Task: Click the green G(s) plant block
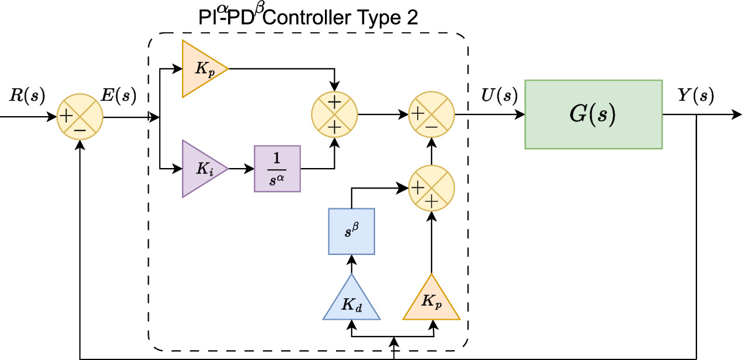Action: click(x=593, y=114)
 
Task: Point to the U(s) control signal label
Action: click(x=499, y=95)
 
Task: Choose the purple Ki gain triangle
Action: click(x=201, y=169)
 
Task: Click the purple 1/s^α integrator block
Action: click(x=277, y=169)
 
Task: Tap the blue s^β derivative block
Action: click(x=351, y=232)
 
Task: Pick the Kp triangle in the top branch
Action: click(x=201, y=69)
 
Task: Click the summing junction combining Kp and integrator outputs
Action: click(x=334, y=114)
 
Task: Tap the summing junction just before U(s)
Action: click(x=431, y=114)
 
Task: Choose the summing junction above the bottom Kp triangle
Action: click(x=431, y=188)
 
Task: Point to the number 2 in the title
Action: click(x=412, y=18)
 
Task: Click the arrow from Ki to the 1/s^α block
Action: click(x=241, y=169)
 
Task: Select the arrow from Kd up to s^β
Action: click(x=351, y=264)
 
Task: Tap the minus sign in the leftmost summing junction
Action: click(x=80, y=128)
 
